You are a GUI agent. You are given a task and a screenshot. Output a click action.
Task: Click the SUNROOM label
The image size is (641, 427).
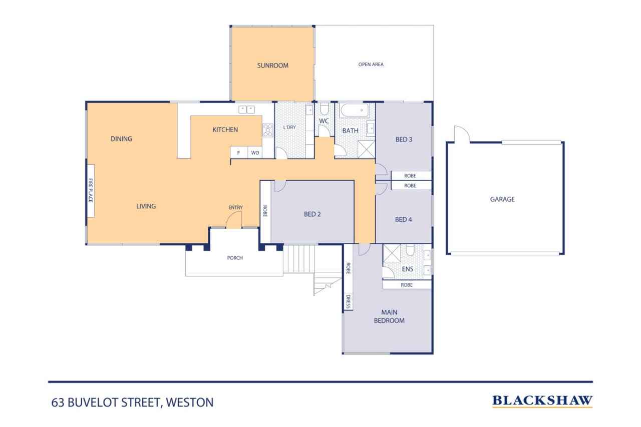pos(272,65)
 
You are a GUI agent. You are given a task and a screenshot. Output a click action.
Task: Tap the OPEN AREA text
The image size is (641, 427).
pos(371,64)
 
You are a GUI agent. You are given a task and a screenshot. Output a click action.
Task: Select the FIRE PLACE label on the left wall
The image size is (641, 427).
pos(91,190)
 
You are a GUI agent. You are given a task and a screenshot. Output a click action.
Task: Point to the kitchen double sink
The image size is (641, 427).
pos(246,110)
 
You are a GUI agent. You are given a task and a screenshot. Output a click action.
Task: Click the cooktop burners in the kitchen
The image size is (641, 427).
pos(268,130)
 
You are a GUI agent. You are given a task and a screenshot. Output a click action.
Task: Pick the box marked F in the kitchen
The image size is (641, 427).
pos(238,153)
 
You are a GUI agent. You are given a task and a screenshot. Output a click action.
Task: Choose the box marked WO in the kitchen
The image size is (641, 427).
pos(255,153)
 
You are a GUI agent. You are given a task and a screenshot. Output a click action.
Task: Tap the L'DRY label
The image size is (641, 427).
pos(289,127)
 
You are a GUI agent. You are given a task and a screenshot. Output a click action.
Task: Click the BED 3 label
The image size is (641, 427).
pos(404,140)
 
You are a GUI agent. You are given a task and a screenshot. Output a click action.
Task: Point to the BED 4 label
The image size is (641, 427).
pos(403,219)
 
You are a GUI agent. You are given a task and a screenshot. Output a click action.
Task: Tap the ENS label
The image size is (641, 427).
pos(407,269)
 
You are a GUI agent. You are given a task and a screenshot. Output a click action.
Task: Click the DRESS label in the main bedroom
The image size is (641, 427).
pos(348,302)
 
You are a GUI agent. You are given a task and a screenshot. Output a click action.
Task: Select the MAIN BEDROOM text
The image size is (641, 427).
pos(389,316)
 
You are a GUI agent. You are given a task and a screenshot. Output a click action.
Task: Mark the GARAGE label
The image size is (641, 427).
pos(502,199)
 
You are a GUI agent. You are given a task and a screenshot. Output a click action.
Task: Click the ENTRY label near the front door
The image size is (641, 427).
pos(235,207)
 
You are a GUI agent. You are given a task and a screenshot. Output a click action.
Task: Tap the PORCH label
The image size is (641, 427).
pos(235,258)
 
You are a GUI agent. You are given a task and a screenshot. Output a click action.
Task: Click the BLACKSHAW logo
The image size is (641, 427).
pos(542,401)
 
